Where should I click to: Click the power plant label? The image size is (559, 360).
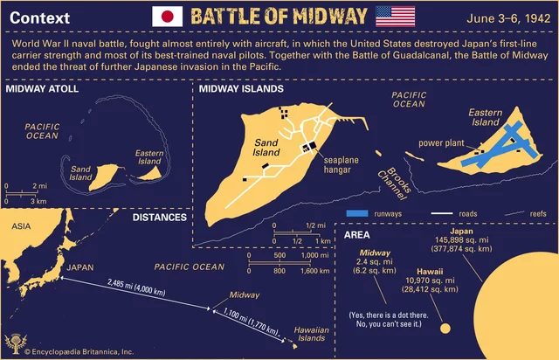pyautogui.click(x=441, y=142)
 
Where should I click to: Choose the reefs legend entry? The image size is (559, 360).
pyautogui.click(x=536, y=213)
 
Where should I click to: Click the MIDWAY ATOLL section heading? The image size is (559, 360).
pyautogui.click(x=42, y=89)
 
